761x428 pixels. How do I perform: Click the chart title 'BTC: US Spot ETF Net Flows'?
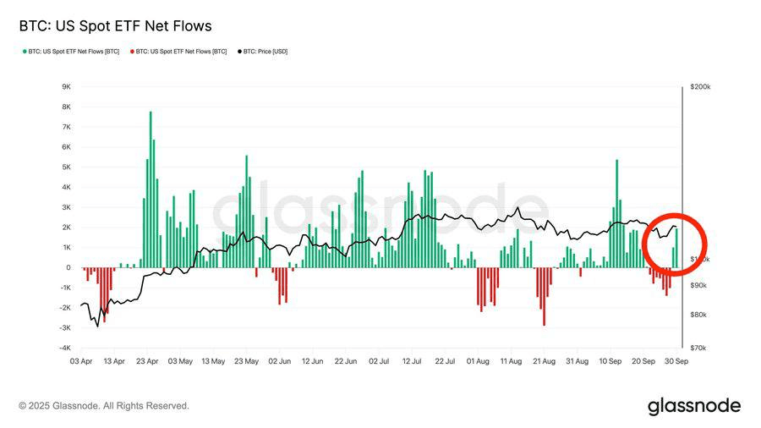tap(115, 26)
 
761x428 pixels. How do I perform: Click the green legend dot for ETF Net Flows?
tap(24, 52)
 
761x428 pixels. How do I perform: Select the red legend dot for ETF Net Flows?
tap(131, 52)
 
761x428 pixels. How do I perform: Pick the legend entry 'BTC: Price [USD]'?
tap(264, 52)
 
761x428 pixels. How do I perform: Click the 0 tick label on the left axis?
tap(68, 268)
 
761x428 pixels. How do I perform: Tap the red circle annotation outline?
tap(644, 245)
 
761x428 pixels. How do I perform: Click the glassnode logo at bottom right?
tap(694, 406)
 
